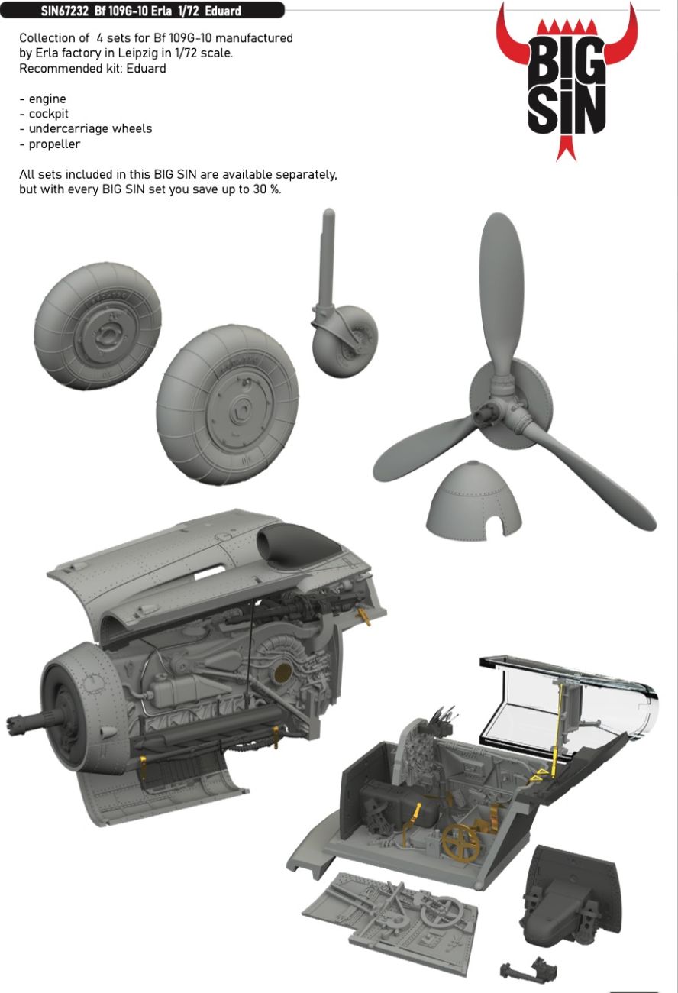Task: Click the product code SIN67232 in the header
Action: click(x=64, y=11)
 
